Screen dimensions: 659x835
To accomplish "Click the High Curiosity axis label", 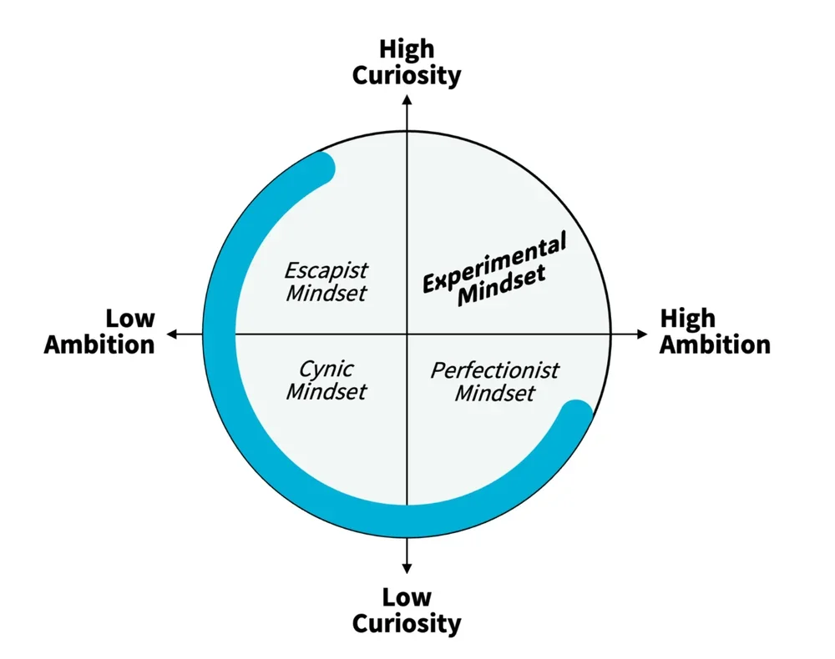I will [x=407, y=63].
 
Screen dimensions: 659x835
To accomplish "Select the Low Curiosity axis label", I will [x=407, y=610].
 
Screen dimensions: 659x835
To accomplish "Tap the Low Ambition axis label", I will [x=99, y=331].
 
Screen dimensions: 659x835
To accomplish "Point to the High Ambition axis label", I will [x=715, y=331].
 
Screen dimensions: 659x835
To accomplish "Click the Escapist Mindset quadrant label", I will [x=326, y=282].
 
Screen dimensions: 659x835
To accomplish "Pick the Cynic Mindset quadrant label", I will [x=326, y=380].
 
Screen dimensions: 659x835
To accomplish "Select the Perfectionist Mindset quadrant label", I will [x=495, y=380].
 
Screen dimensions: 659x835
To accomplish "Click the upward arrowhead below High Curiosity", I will [x=407, y=101].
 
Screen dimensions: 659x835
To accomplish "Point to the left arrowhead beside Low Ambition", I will [x=172, y=334].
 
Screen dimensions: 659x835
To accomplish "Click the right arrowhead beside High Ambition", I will [x=642, y=334].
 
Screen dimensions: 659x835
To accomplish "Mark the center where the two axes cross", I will [x=407, y=334].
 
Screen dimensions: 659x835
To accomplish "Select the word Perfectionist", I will [x=495, y=370].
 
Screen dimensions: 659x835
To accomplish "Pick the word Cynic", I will [x=326, y=369].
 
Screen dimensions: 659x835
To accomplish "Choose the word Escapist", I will [x=326, y=271].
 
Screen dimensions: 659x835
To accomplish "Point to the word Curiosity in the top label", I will [x=407, y=75].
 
